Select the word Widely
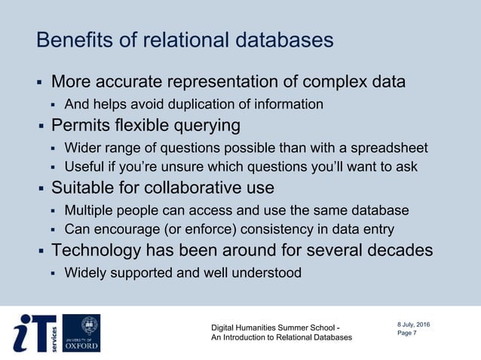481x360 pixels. [x=84, y=273]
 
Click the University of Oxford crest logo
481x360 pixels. [x=81, y=333]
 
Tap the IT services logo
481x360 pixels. [x=35, y=333]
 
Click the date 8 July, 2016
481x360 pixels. [x=414, y=324]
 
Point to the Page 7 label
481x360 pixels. [x=406, y=334]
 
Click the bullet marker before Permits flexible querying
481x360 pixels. [x=42, y=125]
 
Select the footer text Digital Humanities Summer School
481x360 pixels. [x=274, y=327]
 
